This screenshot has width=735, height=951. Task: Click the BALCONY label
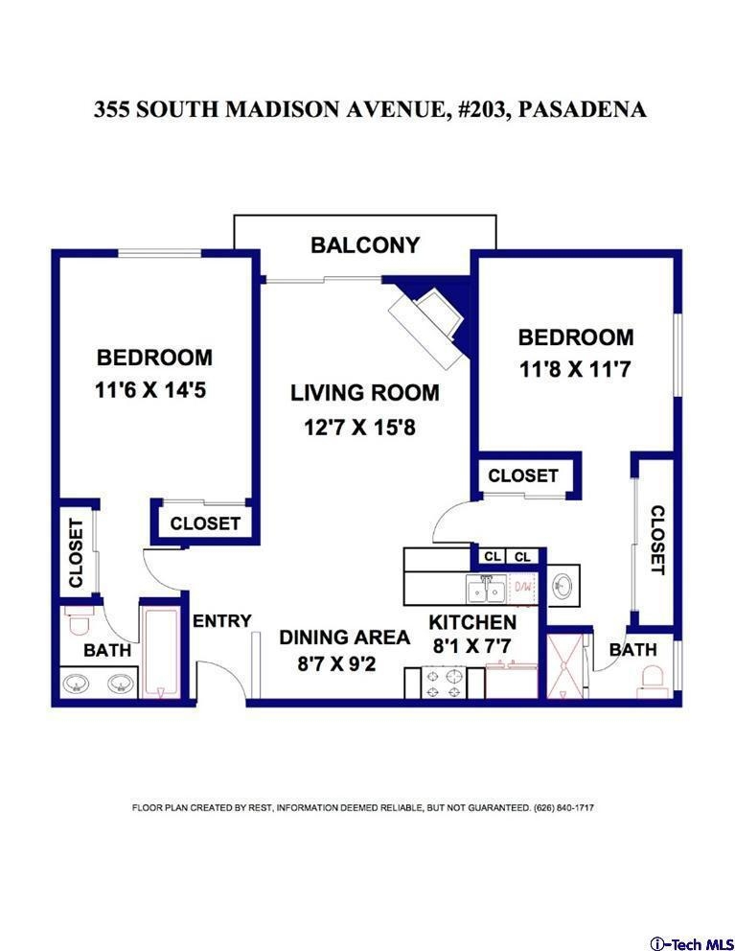[365, 245]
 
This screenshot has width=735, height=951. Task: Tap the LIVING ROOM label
[365, 393]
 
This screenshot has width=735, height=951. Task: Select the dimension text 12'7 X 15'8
[359, 428]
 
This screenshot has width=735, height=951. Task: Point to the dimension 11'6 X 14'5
[150, 389]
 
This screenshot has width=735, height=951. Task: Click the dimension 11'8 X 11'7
[575, 369]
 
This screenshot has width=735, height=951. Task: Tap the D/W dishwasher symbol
[523, 587]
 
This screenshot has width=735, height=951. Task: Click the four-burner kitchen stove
[445, 683]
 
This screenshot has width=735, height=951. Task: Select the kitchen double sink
[486, 590]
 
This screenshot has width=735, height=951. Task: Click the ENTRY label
[222, 621]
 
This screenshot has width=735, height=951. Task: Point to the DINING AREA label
[344, 638]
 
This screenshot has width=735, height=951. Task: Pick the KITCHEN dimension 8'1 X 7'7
[471, 646]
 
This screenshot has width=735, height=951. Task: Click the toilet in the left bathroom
[80, 620]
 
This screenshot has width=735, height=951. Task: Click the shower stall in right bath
[565, 666]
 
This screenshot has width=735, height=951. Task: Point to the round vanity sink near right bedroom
[563, 586]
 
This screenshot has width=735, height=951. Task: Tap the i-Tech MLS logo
[691, 943]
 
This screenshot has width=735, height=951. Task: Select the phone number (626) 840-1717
[564, 808]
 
